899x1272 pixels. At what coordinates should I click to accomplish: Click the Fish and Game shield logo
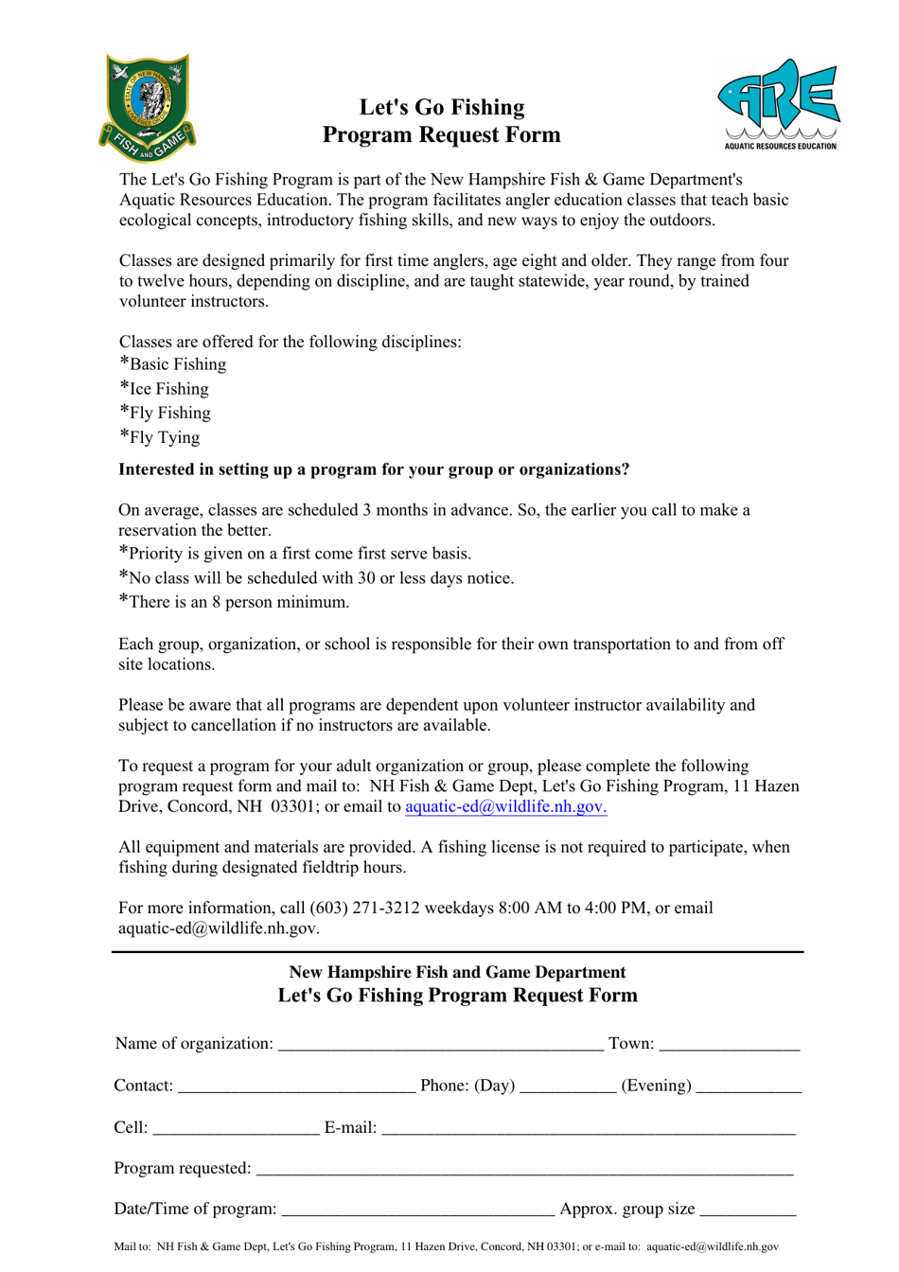pyautogui.click(x=147, y=107)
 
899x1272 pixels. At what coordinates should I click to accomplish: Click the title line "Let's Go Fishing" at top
pyautogui.click(x=442, y=107)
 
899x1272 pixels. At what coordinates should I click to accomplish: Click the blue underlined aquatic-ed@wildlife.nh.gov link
pyautogui.click(x=505, y=806)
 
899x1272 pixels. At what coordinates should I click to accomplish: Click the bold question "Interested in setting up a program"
pyautogui.click(x=374, y=469)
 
